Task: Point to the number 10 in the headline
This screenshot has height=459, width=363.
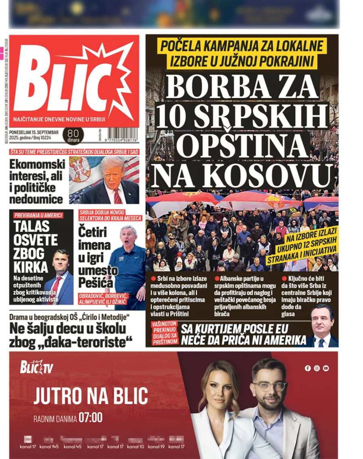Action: tap(172, 115)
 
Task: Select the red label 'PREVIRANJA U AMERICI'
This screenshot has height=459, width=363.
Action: tap(38, 215)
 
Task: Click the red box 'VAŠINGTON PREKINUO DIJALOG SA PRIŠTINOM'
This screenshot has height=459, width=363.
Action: tap(164, 334)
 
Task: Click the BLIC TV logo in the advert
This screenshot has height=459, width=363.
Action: tap(37, 367)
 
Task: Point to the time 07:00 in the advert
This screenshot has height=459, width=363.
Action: tap(90, 417)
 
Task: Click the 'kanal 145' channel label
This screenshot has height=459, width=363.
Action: tap(49, 446)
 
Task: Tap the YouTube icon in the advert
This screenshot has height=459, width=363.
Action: tap(325, 368)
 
